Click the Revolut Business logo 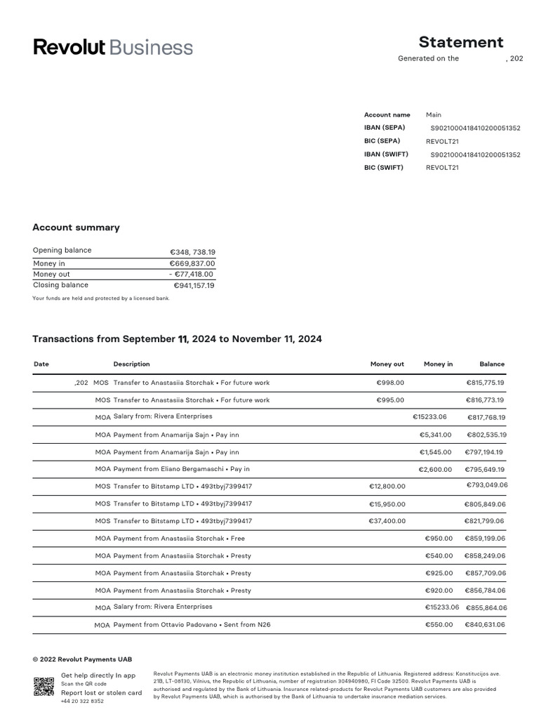[x=113, y=48]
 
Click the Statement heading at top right [x=460, y=42]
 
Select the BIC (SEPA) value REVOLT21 [x=442, y=141]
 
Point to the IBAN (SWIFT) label [x=386, y=154]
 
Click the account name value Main [x=434, y=114]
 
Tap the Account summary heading [x=76, y=227]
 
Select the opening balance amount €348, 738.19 [x=192, y=252]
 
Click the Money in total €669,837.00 [x=192, y=263]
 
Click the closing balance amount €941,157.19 [x=194, y=286]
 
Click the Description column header [x=131, y=364]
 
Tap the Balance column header [x=491, y=364]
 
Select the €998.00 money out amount [x=390, y=383]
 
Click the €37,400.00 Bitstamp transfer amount [x=387, y=521]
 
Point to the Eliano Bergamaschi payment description [x=181, y=469]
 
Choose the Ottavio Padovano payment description [x=192, y=624]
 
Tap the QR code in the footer [x=44, y=687]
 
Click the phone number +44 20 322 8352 [x=82, y=701]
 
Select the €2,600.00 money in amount [x=435, y=469]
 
